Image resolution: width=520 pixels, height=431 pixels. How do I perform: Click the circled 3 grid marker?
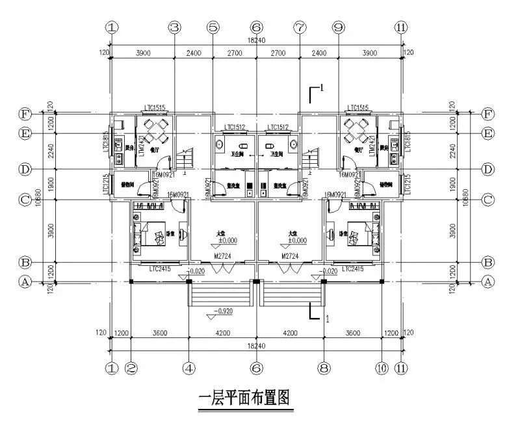(174, 27)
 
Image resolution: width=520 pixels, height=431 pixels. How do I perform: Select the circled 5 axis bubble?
(213, 27)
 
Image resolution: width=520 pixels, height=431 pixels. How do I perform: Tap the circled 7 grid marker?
(300, 27)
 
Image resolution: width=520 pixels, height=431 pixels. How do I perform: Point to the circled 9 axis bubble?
(338, 27)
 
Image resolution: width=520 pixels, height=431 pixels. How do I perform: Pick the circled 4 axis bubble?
(188, 367)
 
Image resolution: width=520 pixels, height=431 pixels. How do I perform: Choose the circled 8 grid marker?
(323, 367)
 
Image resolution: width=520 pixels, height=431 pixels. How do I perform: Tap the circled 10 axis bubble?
(381, 367)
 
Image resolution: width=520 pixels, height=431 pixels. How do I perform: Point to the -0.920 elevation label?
(224, 311)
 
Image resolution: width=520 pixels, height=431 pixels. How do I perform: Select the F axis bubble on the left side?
(25, 114)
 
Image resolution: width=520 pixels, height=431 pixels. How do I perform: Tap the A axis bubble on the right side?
(489, 282)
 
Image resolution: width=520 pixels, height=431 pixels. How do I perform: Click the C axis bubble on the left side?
(25, 200)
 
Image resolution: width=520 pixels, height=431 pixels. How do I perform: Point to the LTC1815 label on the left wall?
(105, 143)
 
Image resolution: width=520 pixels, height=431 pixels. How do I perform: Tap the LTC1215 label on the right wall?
(409, 185)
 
